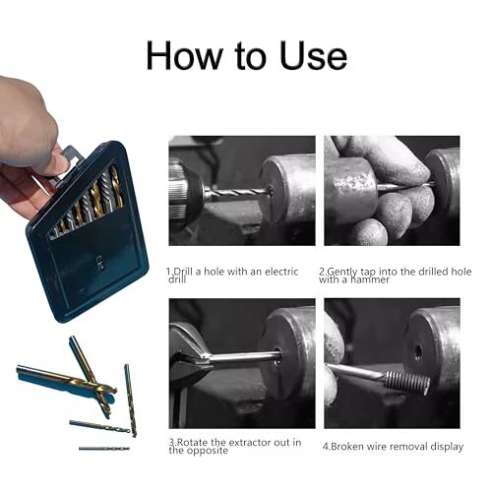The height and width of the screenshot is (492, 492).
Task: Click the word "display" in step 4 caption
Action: coord(443,446)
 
